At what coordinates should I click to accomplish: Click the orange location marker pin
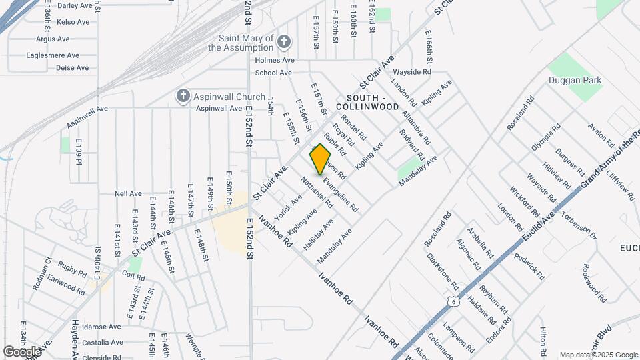coord(321,159)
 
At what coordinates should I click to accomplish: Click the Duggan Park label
coord(575,81)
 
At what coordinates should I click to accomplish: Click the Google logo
coord(22,351)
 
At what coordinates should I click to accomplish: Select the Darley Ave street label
coord(74,5)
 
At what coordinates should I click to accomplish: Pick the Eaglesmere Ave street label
coord(53,56)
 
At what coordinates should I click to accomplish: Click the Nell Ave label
coord(129,193)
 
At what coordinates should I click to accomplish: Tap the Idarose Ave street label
coord(98,327)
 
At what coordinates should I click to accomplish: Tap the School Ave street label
coord(273,73)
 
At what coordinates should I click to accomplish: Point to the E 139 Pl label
coord(78,153)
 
